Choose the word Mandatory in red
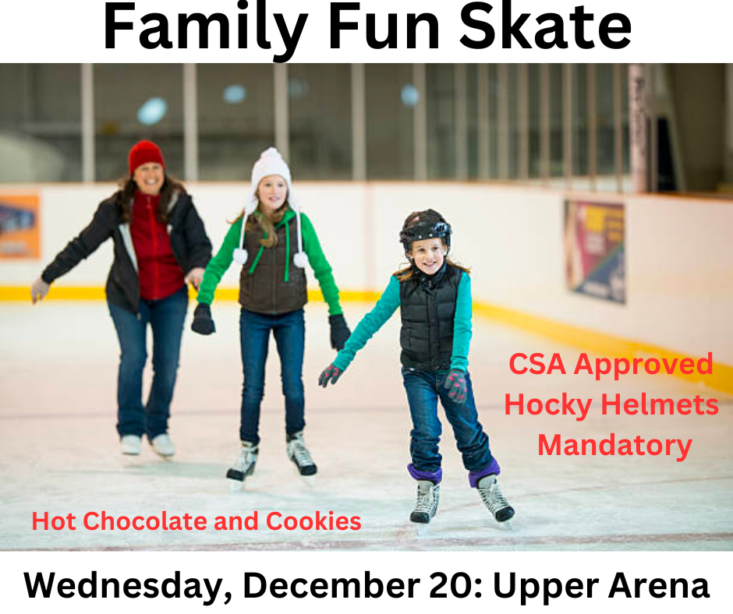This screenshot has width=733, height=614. click(614, 446)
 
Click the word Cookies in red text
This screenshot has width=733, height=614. click(313, 521)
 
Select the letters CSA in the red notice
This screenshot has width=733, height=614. click(537, 364)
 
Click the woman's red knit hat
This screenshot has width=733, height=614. click(146, 156)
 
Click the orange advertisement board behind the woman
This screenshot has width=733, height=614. click(19, 227)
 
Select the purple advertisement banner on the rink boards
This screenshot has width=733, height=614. click(595, 252)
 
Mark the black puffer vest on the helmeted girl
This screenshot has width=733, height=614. click(429, 318)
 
